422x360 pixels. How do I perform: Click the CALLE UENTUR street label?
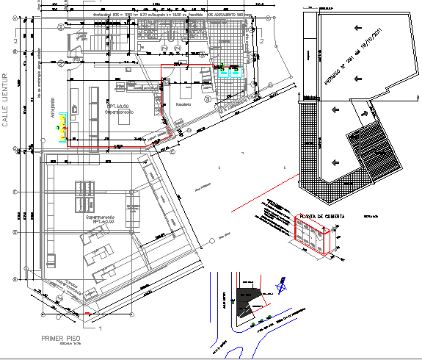point(8,99)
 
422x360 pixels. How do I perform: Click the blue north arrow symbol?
point(279,281)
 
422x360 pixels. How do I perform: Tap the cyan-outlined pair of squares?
point(228,72)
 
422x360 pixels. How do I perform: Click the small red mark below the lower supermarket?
point(89,314)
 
